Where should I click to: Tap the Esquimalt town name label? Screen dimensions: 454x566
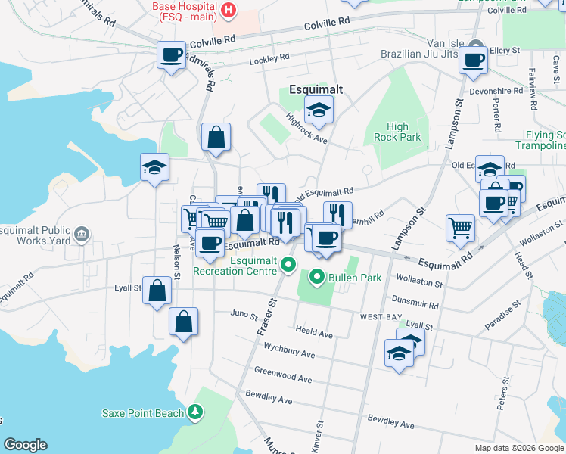click(x=316, y=89)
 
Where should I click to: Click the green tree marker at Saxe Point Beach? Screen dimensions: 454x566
click(x=196, y=412)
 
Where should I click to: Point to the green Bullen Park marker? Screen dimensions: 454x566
click(x=318, y=278)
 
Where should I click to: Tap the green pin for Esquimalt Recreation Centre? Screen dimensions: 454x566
click(x=288, y=265)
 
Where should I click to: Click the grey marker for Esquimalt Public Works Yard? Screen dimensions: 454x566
click(x=82, y=235)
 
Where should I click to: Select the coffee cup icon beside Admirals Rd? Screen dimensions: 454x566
click(x=172, y=55)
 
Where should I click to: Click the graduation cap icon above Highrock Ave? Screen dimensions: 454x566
click(x=319, y=110)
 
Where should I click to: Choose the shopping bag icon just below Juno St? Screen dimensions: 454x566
click(x=184, y=322)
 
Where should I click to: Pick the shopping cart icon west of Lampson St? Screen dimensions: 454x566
click(x=460, y=228)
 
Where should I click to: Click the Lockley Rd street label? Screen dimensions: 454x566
click(x=269, y=58)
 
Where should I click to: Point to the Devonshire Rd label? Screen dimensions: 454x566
click(x=496, y=90)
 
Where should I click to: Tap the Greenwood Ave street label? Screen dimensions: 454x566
click(x=283, y=375)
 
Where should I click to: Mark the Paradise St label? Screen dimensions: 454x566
click(x=503, y=313)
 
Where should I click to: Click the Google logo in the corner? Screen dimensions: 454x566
click(x=25, y=445)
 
